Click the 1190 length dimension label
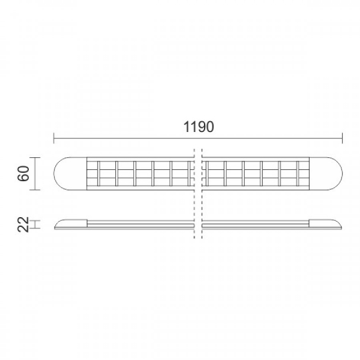point(199,127)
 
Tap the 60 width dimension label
point(23,173)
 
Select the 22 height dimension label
point(23,224)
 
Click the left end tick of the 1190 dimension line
point(54,138)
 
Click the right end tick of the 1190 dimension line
point(343,138)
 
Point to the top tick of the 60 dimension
point(35,157)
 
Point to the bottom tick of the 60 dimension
point(35,190)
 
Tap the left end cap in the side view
point(71,224)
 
